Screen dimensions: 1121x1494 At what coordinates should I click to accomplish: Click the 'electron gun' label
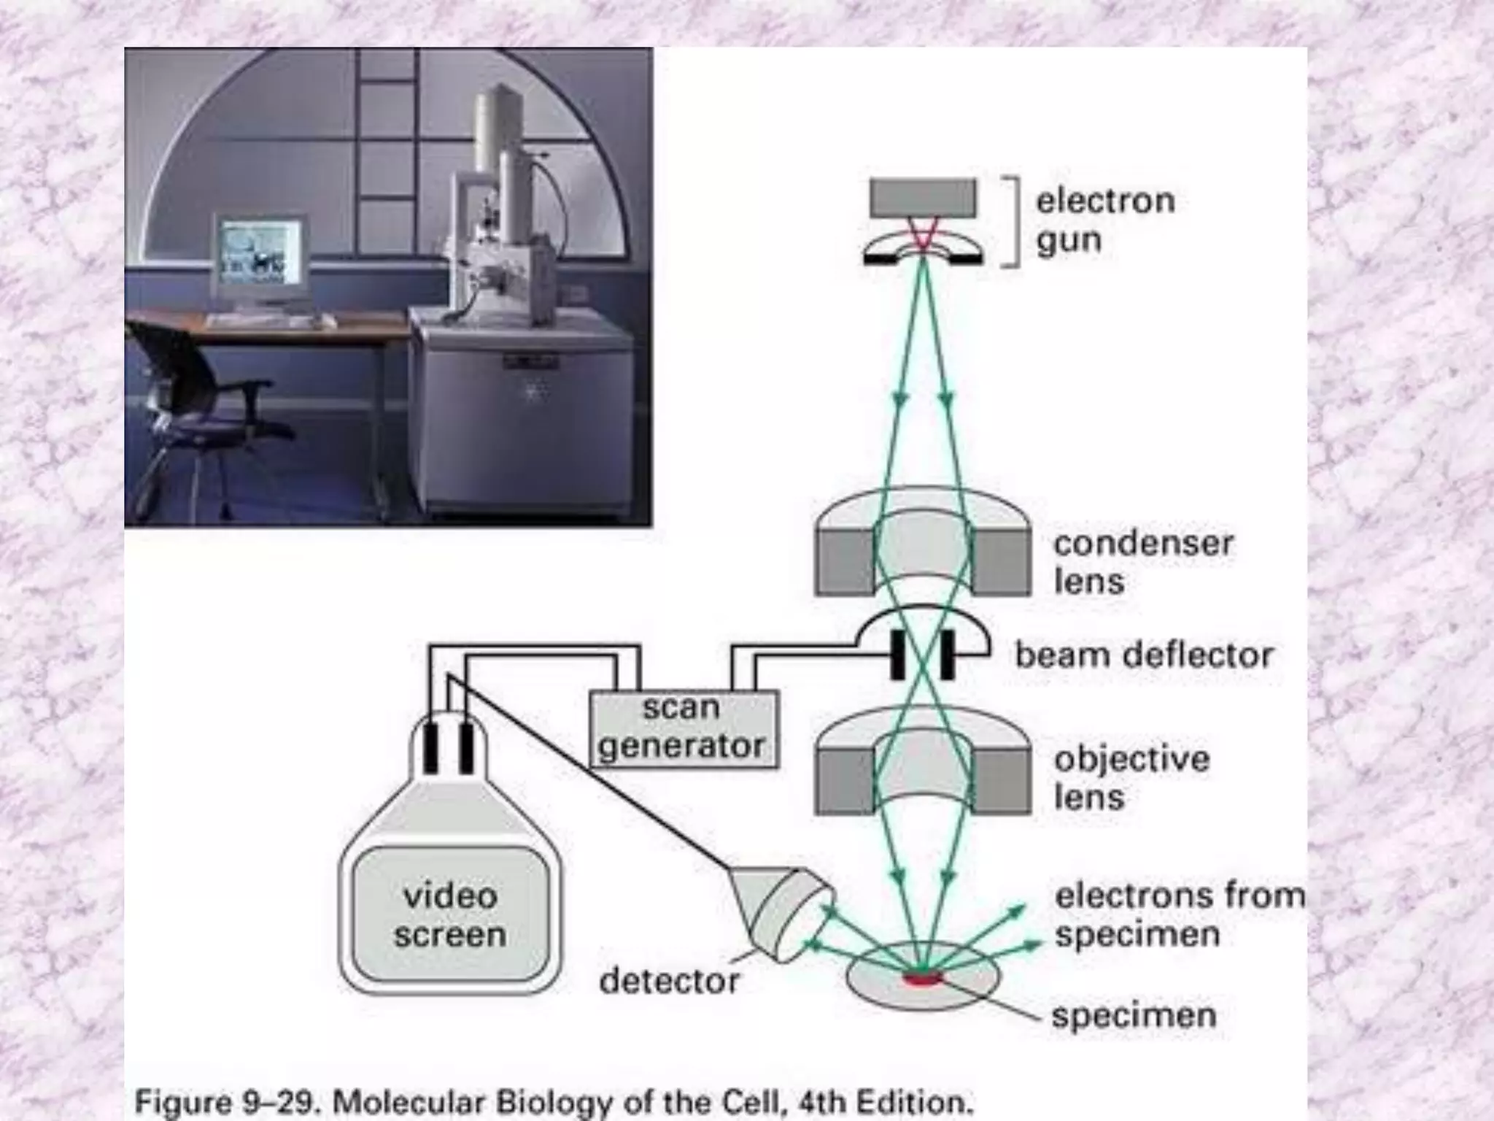tap(1104, 220)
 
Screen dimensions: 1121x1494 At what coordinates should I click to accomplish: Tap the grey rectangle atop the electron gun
tap(923, 198)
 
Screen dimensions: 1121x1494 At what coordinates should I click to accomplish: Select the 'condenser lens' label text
tap(1142, 562)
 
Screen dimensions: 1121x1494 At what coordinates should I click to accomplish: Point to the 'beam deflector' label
tap(1144, 655)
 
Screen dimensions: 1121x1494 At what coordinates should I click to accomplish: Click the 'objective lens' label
tap(1131, 777)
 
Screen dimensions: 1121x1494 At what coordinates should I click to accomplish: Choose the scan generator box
tap(683, 728)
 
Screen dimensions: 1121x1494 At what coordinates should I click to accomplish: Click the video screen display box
tap(450, 915)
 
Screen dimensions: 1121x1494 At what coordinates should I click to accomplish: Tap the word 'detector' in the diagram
tap(669, 981)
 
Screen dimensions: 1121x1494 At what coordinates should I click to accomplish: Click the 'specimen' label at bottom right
tap(1133, 1014)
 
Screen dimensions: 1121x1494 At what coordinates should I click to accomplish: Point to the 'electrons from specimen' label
tap(1178, 914)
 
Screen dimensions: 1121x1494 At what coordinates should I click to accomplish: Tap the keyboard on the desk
tap(270, 321)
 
